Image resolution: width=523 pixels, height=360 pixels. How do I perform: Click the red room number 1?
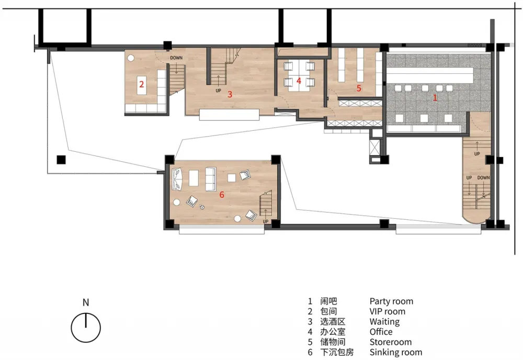435,97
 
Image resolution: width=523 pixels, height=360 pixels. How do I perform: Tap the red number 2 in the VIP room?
141,84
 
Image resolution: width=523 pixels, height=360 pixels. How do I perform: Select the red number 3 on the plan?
230,94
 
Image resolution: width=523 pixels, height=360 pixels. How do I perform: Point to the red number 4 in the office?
299,81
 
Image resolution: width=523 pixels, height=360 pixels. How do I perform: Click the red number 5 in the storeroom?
359,88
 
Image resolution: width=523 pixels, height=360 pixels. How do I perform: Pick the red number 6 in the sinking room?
222,195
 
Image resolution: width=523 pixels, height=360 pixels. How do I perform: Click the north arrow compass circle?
86,328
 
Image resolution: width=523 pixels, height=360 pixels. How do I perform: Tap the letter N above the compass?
86,302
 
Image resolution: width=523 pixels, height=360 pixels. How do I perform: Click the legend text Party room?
391,301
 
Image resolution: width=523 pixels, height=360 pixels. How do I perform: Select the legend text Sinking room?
396,352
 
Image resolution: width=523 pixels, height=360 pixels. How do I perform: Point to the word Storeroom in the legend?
391,342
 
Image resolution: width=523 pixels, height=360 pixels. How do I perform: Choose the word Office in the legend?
381,332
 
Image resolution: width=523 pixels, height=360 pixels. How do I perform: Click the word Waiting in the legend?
384,322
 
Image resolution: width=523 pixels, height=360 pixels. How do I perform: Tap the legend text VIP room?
387,311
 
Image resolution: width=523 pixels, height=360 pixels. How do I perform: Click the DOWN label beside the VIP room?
176,58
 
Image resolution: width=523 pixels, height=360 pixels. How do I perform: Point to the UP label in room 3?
218,91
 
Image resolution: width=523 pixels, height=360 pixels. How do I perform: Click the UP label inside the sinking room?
266,221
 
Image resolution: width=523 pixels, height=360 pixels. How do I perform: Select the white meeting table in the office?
299,76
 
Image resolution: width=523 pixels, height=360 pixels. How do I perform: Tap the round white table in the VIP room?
131,58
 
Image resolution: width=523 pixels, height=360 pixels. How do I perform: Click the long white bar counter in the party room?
430,72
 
